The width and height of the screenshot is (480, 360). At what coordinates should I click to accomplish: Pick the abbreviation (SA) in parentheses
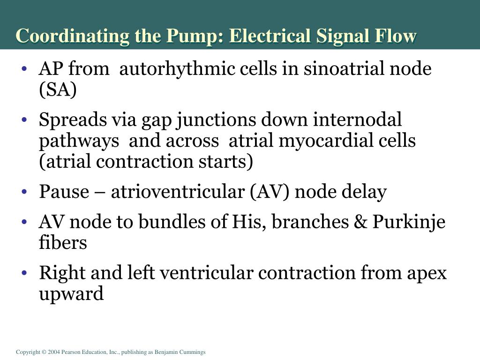point(58,90)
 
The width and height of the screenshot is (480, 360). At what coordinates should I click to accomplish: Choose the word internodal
point(358,120)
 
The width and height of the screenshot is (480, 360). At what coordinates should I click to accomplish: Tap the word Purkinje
point(409,222)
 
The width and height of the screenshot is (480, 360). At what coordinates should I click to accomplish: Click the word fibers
point(62,243)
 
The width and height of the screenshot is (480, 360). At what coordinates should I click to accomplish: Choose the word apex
point(427,273)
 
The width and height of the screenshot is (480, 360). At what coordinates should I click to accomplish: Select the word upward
point(71,294)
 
